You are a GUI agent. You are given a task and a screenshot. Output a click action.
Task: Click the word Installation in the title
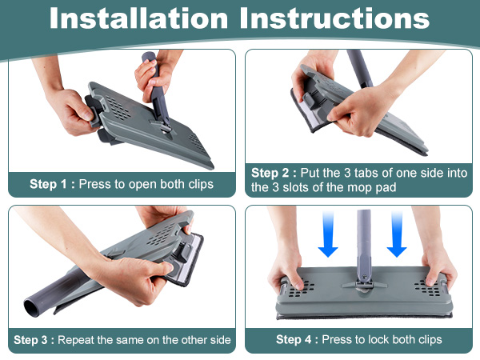pyautogui.click(x=138, y=18)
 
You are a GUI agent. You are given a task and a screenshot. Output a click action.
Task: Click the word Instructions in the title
pyautogui.click(x=334, y=18)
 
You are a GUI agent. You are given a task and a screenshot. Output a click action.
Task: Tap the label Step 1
pyautogui.click(x=48, y=184)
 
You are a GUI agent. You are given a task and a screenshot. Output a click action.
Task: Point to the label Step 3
pyautogui.click(x=30, y=340)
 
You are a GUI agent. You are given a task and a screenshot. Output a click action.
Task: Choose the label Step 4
pyautogui.click(x=294, y=339)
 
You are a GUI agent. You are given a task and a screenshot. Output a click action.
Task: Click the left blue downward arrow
pyautogui.click(x=328, y=234)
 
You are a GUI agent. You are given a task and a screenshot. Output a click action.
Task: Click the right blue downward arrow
pyautogui.click(x=397, y=234)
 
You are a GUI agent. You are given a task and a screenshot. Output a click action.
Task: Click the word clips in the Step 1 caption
pyautogui.click(x=201, y=184)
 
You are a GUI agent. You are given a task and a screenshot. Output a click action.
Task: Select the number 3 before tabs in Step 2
pyautogui.click(x=347, y=174)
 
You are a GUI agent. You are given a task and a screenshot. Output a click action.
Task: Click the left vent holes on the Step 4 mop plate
pyautogui.click(x=302, y=288)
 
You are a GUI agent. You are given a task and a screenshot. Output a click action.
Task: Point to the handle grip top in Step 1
pyautogui.click(x=149, y=58)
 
